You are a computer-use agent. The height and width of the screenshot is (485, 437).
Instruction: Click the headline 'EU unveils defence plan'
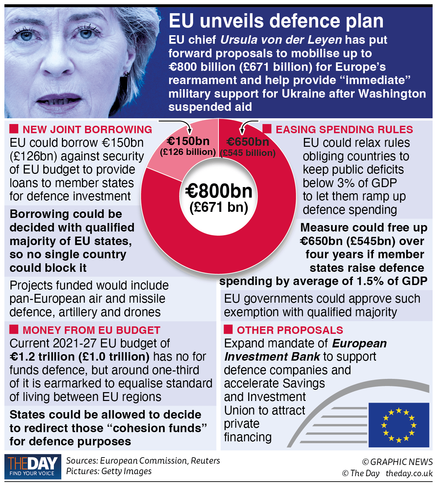(x=276, y=21)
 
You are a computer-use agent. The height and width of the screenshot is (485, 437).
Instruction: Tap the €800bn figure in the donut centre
(x=219, y=191)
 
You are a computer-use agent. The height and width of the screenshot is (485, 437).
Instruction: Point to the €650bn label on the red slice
(x=248, y=142)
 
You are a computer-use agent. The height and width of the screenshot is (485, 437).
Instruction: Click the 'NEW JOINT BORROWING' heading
(x=87, y=129)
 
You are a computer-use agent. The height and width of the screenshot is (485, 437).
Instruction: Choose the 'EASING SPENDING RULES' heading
(x=344, y=129)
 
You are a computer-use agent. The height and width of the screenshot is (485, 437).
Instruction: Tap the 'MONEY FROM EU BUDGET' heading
(x=91, y=330)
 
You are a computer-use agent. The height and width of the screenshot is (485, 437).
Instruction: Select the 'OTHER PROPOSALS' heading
(x=290, y=330)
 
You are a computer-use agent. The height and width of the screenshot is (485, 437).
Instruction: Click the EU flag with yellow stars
(x=399, y=425)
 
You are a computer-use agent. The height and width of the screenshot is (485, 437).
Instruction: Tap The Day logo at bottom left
(x=33, y=466)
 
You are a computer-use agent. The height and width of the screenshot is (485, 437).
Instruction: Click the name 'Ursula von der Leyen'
(x=281, y=40)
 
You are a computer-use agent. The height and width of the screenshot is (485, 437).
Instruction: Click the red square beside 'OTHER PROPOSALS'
(x=228, y=329)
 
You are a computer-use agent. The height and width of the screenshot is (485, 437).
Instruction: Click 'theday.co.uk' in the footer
(x=409, y=473)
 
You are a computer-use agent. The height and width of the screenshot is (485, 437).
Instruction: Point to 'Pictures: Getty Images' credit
(x=109, y=471)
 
